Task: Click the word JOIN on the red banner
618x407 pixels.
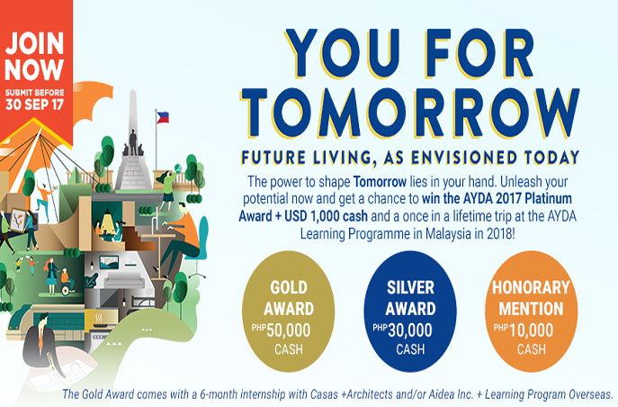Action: coord(34,43)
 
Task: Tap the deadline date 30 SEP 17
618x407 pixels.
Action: coord(34,104)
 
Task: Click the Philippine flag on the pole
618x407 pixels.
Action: coord(163,118)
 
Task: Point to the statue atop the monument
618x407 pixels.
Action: coord(133,142)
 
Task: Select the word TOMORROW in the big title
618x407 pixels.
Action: coord(410,113)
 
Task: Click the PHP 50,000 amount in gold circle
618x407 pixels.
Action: coord(281,330)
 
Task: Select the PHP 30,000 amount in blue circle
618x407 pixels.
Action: coord(402,330)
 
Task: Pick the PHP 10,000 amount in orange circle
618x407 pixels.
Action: coord(524,330)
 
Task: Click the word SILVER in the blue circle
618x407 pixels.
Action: coord(410,287)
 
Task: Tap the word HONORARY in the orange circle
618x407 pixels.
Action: coord(531,287)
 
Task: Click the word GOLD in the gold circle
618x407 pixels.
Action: coord(289,287)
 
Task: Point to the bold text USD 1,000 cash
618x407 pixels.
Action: coord(326,216)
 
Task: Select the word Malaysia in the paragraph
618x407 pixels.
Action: coord(442,234)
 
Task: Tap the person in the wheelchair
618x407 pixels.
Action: coord(67,282)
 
